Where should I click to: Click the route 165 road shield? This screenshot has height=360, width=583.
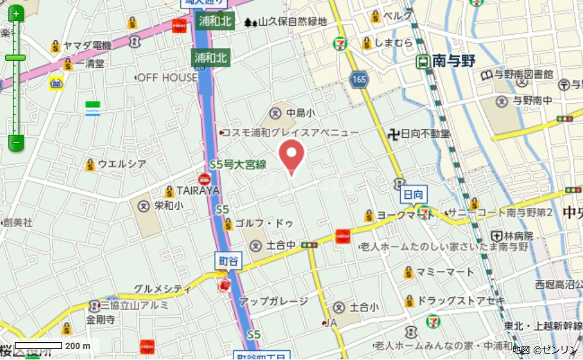click(x=359, y=79)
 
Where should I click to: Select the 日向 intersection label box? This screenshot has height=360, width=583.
click(x=413, y=194)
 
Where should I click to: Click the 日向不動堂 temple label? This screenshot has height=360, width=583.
click(x=425, y=133)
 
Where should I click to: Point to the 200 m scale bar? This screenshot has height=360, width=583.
click(x=38, y=345)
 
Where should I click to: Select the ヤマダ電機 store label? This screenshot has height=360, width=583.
click(x=87, y=46)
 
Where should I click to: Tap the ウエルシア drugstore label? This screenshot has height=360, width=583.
click(x=121, y=164)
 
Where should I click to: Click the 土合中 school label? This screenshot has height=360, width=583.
click(x=280, y=244)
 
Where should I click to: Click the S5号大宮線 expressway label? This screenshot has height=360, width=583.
click(x=237, y=164)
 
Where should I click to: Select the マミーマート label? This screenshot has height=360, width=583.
click(x=444, y=272)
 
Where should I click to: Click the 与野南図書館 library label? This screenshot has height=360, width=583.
click(x=523, y=74)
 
